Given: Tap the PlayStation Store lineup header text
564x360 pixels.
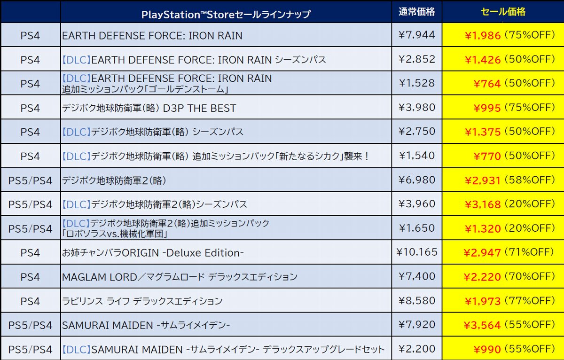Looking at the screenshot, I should point(226,15).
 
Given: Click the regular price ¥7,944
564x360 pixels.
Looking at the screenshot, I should point(417,35).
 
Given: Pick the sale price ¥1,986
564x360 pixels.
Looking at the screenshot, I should point(483,36).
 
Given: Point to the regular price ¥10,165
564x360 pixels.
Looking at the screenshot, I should point(417,252).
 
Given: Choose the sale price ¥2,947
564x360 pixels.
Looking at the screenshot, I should point(483,253).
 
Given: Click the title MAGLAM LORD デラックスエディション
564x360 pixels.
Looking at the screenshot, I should point(180,277).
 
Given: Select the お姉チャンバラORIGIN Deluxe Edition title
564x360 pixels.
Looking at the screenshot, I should point(153,253).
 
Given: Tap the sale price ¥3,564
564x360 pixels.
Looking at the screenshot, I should point(483,325).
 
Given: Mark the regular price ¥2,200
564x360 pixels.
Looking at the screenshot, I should point(417,349).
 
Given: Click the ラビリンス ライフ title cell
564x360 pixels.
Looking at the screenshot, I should point(142,301).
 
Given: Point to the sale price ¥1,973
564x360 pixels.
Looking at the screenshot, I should point(483,301).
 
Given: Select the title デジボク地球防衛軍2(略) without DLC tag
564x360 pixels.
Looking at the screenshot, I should point(114,180).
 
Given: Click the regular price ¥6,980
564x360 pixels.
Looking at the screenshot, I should point(417,180).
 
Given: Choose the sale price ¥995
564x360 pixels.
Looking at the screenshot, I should point(487,108).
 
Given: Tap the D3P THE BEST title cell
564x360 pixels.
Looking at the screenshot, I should point(149,108).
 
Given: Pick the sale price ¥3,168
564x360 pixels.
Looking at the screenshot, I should point(483,204).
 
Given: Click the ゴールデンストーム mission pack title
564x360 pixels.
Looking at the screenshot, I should point(167,83).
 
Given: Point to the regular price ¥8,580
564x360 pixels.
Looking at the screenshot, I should point(417,301).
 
